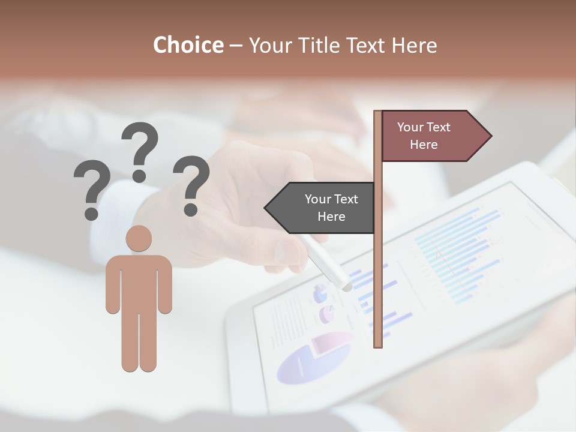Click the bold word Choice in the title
[x=188, y=46]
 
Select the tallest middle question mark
[x=140, y=150]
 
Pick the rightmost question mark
[x=191, y=185]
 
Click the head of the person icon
[x=139, y=238]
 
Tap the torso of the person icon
[x=139, y=282]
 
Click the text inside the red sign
[x=424, y=136]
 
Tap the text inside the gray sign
[x=331, y=208]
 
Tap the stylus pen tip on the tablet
[x=346, y=287]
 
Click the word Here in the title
[x=414, y=46]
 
